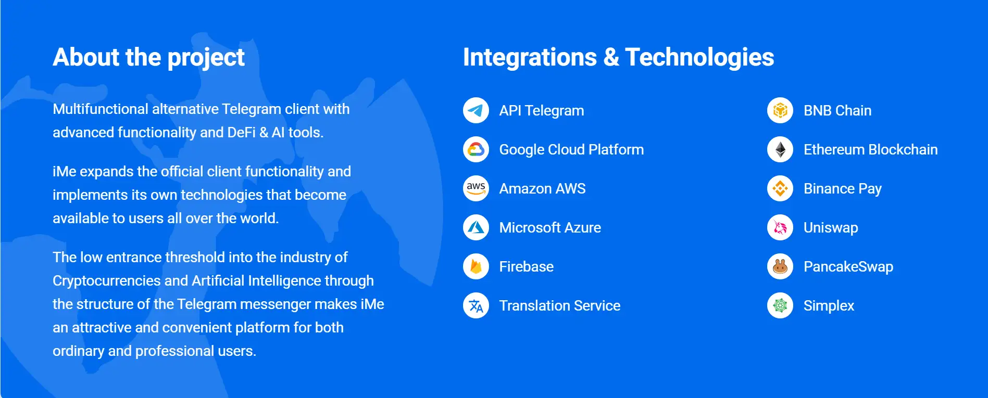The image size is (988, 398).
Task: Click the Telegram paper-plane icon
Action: point(476,110)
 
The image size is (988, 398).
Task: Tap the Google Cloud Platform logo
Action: point(476,149)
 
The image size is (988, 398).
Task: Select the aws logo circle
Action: point(476,188)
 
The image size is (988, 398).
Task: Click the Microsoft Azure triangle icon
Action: point(476,227)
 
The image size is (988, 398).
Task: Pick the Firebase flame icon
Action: point(476,266)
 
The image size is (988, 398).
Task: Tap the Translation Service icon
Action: point(476,305)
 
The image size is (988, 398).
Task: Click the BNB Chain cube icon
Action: point(780,110)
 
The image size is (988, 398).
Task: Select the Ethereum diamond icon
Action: point(780,149)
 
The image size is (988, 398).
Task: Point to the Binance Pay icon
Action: point(780,188)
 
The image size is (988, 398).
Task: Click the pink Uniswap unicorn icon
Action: point(780,227)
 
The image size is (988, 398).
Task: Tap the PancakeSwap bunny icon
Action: point(780,266)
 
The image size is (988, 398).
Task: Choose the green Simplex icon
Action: point(780,305)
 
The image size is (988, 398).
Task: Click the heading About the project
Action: point(148,58)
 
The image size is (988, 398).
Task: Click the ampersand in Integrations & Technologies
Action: point(611,57)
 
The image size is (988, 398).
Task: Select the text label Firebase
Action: point(527,266)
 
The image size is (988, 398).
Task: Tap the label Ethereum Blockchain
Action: point(870,149)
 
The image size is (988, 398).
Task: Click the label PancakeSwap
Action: point(848,267)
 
